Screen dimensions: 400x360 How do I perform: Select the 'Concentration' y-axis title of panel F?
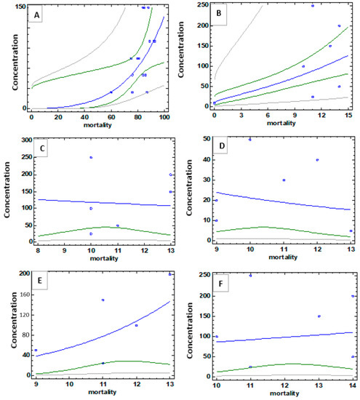click(190, 324)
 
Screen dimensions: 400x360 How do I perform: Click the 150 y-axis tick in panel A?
click(22, 7)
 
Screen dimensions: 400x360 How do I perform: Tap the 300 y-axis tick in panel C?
click(22, 140)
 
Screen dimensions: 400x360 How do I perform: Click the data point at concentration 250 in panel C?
click(91, 157)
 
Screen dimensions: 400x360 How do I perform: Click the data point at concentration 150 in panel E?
click(103, 300)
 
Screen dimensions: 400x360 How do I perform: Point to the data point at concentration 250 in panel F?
click(250, 276)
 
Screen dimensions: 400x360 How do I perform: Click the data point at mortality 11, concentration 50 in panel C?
click(117, 225)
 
